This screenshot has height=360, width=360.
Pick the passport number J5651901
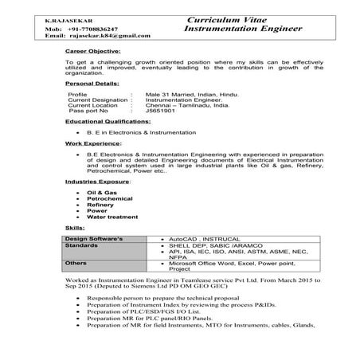point(162,111)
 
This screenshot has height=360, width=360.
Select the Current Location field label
point(94,104)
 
